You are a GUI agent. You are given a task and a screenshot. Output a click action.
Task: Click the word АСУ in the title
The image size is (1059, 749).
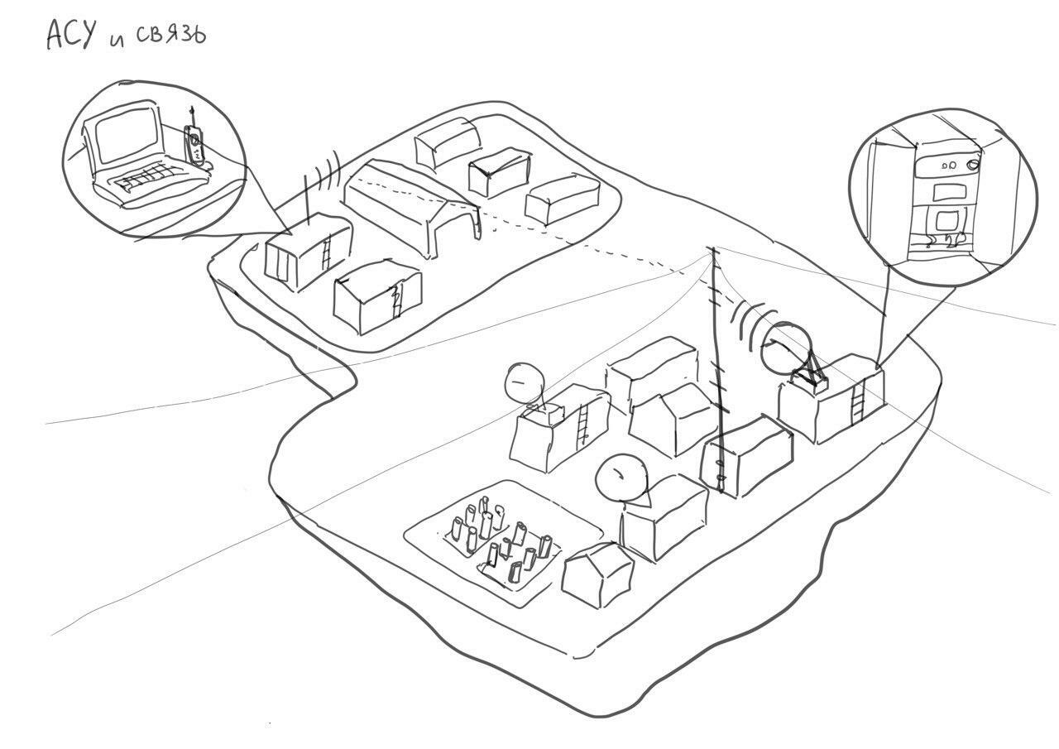(71, 35)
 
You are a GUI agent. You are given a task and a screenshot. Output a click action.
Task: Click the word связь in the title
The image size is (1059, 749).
(170, 35)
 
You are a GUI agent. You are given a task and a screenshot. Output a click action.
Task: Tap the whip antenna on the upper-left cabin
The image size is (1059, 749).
(307, 199)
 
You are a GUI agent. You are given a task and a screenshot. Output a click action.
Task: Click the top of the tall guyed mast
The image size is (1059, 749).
(711, 248)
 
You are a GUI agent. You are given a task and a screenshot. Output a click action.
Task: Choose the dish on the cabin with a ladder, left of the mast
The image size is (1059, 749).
(525, 382)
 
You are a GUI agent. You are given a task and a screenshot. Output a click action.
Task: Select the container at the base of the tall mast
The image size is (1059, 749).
(746, 457)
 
